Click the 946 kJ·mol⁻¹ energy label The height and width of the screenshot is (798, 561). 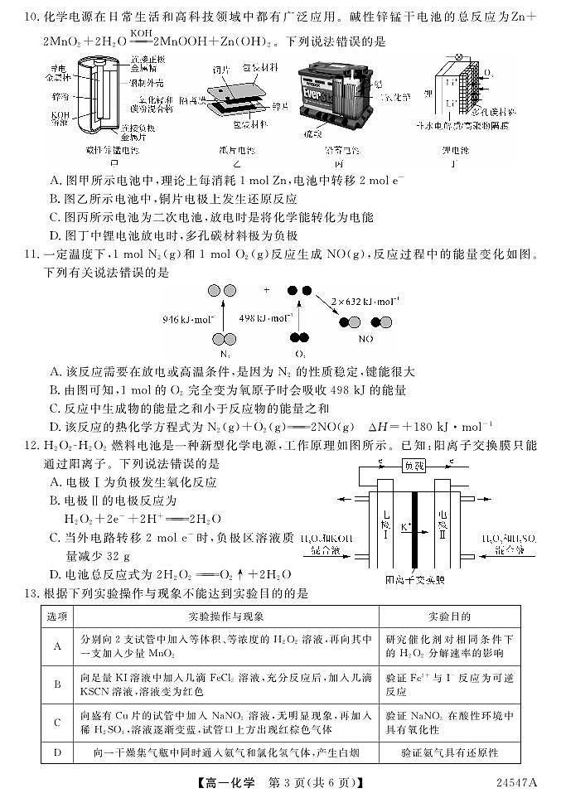pos(188,317)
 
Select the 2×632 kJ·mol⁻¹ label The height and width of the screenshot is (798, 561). pos(365,301)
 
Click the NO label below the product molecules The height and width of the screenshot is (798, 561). pos(365,339)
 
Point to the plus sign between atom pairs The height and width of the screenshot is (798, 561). pos(267,291)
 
